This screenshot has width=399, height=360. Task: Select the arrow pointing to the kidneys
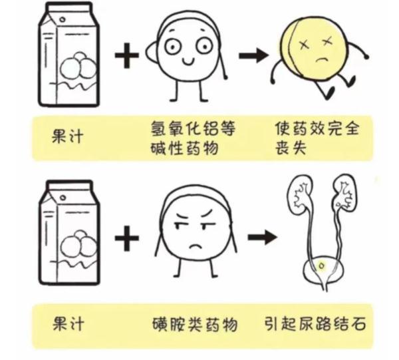tap(261, 236)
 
